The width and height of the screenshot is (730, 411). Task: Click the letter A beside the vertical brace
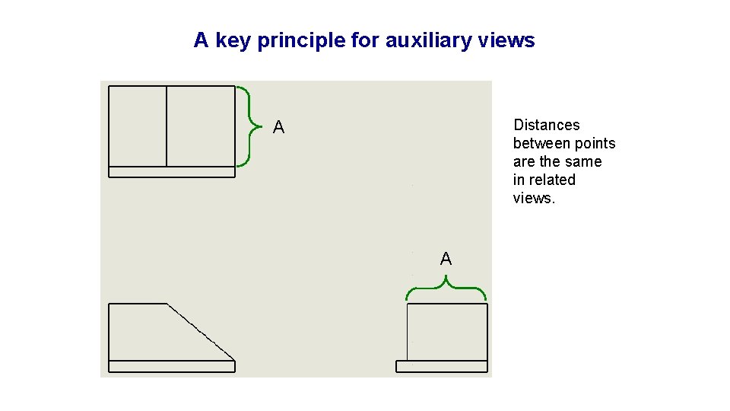click(279, 128)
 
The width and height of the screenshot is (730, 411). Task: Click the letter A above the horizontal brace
click(446, 260)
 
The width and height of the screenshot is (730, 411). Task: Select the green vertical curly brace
click(245, 126)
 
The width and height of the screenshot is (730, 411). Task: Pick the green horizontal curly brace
click(446, 289)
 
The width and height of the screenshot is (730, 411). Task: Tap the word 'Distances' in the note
click(546, 126)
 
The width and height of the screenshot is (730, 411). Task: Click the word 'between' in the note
click(541, 144)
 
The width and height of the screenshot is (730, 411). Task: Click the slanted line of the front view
click(201, 332)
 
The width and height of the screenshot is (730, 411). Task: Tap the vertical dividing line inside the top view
click(167, 126)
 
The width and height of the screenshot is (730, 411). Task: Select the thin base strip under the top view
click(172, 171)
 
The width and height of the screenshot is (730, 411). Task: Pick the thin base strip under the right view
click(442, 366)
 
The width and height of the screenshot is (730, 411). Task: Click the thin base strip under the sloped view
click(172, 366)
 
